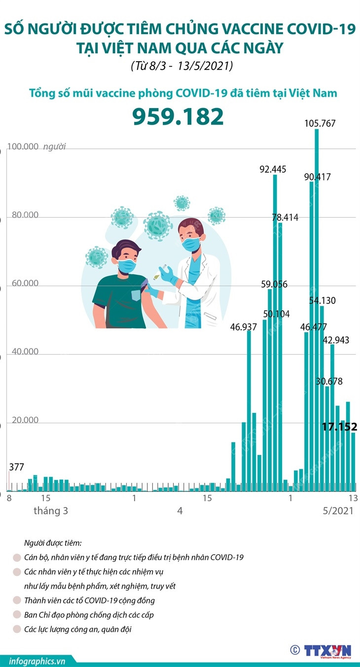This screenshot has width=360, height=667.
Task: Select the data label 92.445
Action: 273,169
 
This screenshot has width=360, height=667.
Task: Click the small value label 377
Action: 17,467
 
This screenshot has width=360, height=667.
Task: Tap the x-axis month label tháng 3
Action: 51,511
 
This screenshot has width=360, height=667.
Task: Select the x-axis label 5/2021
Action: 338,511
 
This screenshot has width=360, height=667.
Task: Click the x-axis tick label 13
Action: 353,498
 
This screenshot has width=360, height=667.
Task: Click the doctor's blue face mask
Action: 191,243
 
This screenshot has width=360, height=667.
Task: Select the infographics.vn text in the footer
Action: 31,661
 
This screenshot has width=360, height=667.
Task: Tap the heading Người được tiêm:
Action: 53,543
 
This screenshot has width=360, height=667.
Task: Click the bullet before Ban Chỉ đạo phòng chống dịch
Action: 17,615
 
